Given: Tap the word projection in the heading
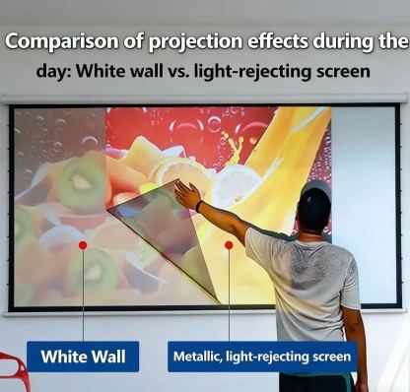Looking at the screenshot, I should (175, 42).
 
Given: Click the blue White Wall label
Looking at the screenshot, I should (83, 356).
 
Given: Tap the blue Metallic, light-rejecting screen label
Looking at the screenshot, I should (261, 357).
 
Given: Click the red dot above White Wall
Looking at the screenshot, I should (83, 244).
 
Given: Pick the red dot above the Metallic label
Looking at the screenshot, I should (229, 244).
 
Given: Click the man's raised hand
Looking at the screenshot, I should (185, 194).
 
